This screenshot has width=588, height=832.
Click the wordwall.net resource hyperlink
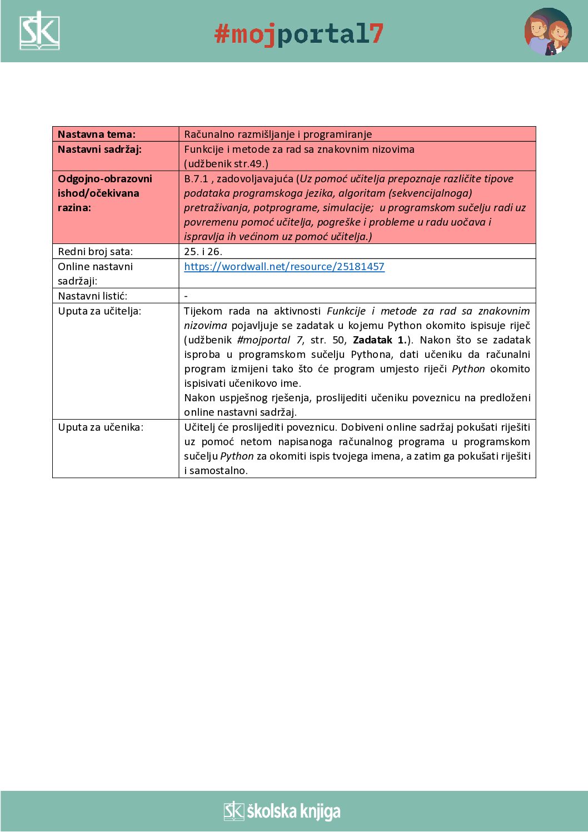click(284, 267)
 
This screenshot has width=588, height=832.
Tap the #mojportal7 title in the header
click(299, 34)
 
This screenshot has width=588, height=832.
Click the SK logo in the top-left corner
click(39, 31)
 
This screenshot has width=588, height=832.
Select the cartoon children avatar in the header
click(547, 32)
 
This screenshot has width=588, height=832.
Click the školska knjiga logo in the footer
click(282, 811)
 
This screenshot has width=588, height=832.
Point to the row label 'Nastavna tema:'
click(97, 134)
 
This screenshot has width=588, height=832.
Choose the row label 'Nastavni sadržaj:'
click(99, 150)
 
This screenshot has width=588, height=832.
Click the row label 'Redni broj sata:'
click(95, 252)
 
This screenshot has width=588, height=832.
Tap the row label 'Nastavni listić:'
click(92, 296)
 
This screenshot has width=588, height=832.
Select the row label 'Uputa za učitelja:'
click(99, 311)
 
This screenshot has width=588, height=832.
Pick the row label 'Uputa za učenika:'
click(101, 427)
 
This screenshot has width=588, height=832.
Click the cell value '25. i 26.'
click(203, 252)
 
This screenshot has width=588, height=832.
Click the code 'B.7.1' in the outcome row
click(196, 179)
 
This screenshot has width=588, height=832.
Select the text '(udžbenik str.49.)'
click(226, 164)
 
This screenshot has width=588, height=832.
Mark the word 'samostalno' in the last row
click(218, 471)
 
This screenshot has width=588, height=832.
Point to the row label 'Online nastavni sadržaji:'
click(95, 274)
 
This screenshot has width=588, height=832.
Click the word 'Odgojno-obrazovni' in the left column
click(104, 179)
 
